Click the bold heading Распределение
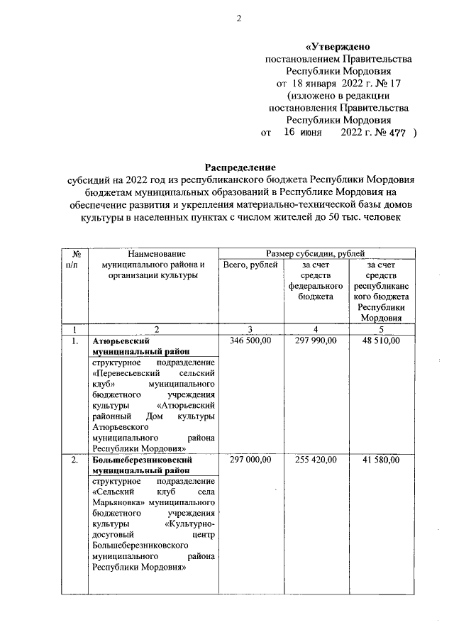coord(240,167)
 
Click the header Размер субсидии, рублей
coord(316,253)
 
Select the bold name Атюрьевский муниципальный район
coord(142,346)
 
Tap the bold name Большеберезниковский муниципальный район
coord(143,465)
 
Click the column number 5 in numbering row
coord(381,329)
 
